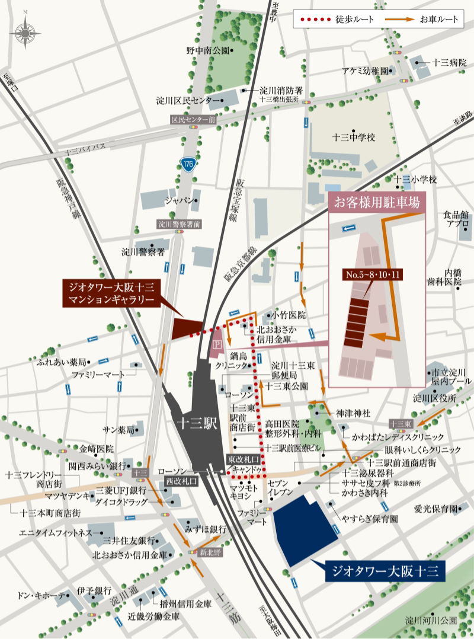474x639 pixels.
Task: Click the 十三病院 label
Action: [x=450, y=62]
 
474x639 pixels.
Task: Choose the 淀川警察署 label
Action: [x=143, y=251]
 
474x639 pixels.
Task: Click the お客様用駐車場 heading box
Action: [x=377, y=202]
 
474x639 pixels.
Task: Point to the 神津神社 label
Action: [x=353, y=413]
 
